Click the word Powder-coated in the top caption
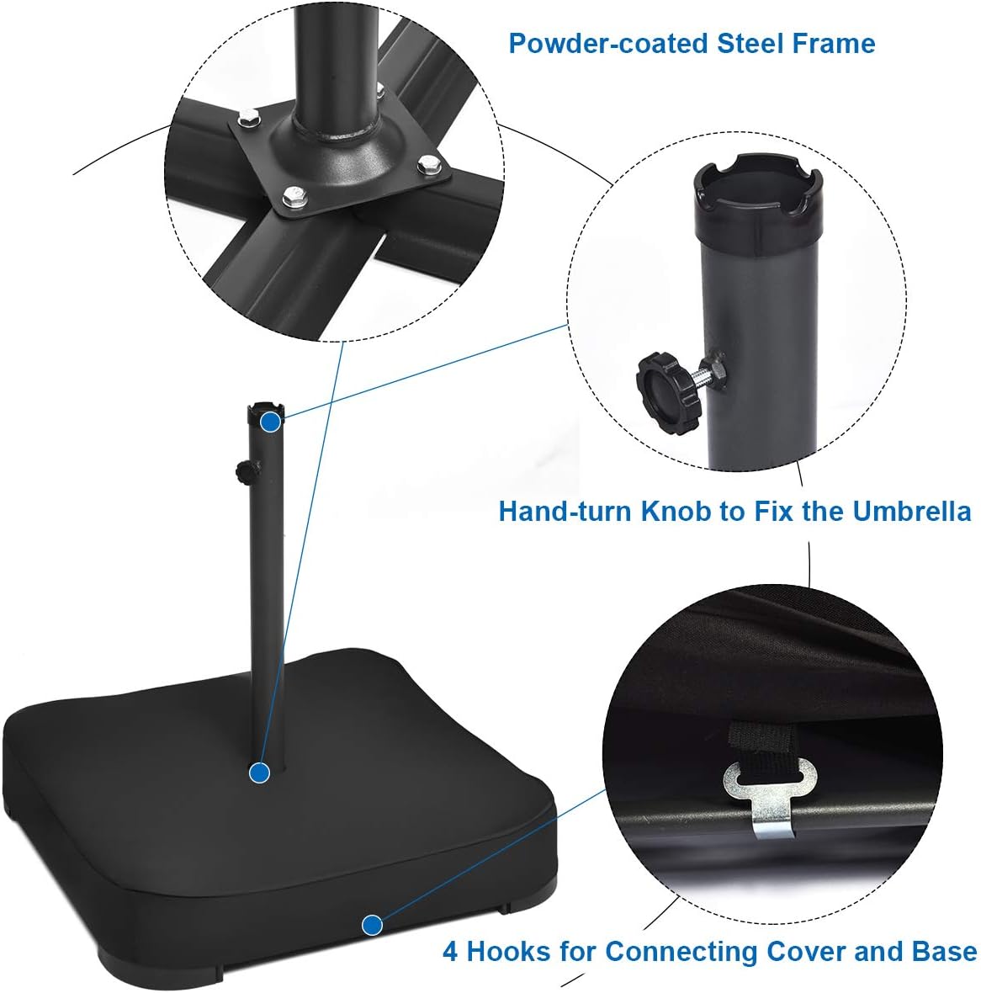pos(608,43)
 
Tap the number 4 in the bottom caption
pos(451,953)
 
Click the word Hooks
pos(506,953)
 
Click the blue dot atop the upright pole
pos(270,422)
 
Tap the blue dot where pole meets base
pos(260,771)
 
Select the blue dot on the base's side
pos(371,926)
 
